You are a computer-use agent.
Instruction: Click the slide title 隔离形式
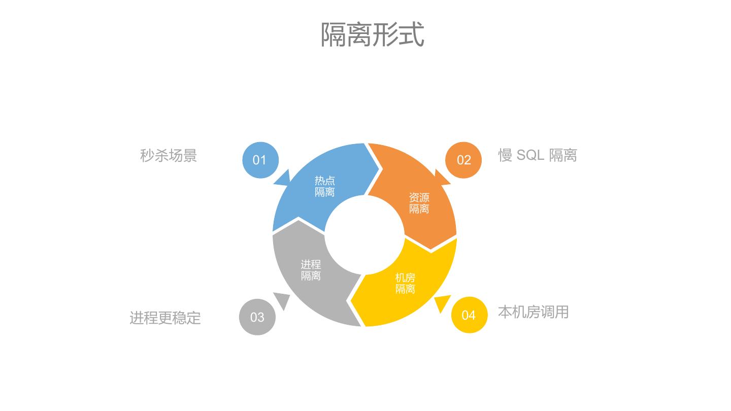pyautogui.click(x=372, y=35)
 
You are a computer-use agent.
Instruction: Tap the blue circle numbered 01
pyautogui.click(x=260, y=160)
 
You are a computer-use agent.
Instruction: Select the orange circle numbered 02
pyautogui.click(x=463, y=160)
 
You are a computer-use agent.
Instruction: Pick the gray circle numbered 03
pyautogui.click(x=257, y=317)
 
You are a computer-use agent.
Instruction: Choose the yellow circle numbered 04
pyautogui.click(x=469, y=315)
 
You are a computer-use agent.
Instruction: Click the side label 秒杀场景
pyautogui.click(x=168, y=155)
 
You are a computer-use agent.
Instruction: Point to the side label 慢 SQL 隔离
pyautogui.click(x=537, y=155)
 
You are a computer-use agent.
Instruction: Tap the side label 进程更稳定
pyautogui.click(x=165, y=318)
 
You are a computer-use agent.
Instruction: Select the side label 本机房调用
pyautogui.click(x=533, y=312)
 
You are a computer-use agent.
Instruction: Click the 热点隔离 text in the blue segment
pyautogui.click(x=324, y=186)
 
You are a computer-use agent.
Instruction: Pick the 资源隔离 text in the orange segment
pyautogui.click(x=419, y=203)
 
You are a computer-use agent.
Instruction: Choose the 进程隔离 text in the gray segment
pyautogui.click(x=311, y=270)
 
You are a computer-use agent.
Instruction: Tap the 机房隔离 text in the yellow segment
pyautogui.click(x=405, y=283)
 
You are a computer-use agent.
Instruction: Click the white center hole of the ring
pyautogui.click(x=364, y=235)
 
